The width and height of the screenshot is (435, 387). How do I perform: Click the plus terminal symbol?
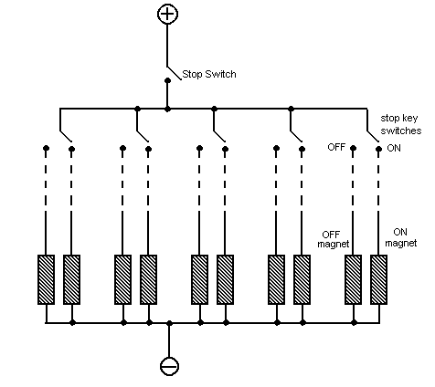click(167, 14)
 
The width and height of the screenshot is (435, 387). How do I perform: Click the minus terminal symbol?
click(169, 366)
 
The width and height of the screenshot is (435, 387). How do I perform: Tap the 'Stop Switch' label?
click(209, 74)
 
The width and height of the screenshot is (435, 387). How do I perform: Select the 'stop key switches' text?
click(401, 124)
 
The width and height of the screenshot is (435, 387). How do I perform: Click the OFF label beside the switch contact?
click(336, 147)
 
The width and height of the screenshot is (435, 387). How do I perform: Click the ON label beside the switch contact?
click(394, 148)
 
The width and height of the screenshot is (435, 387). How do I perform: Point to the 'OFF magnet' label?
click(333, 239)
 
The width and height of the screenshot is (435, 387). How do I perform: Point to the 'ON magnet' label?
click(400, 237)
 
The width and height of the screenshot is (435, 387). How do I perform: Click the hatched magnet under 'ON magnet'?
click(378, 279)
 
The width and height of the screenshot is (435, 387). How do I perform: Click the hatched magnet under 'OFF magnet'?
click(353, 279)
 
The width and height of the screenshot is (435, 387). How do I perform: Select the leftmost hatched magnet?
click(46, 279)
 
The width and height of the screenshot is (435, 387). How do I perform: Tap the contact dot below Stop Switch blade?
click(167, 80)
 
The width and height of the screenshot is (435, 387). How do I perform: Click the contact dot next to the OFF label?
click(353, 148)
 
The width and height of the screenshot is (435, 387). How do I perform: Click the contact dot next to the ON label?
click(378, 149)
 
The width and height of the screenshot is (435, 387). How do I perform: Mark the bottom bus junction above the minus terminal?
click(169, 323)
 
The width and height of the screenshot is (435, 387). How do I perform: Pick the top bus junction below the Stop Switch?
click(167, 109)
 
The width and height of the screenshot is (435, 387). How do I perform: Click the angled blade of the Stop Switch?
click(175, 73)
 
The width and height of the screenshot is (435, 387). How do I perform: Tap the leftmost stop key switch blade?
click(66, 136)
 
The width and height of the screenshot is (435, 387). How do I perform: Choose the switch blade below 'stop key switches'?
click(373, 136)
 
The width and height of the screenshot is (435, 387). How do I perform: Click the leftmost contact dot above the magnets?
click(46, 148)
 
